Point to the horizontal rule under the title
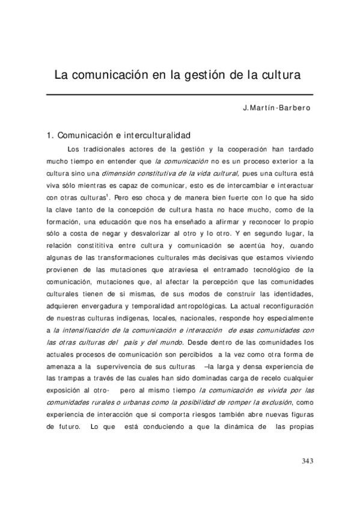pyautogui.click(x=180, y=94)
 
